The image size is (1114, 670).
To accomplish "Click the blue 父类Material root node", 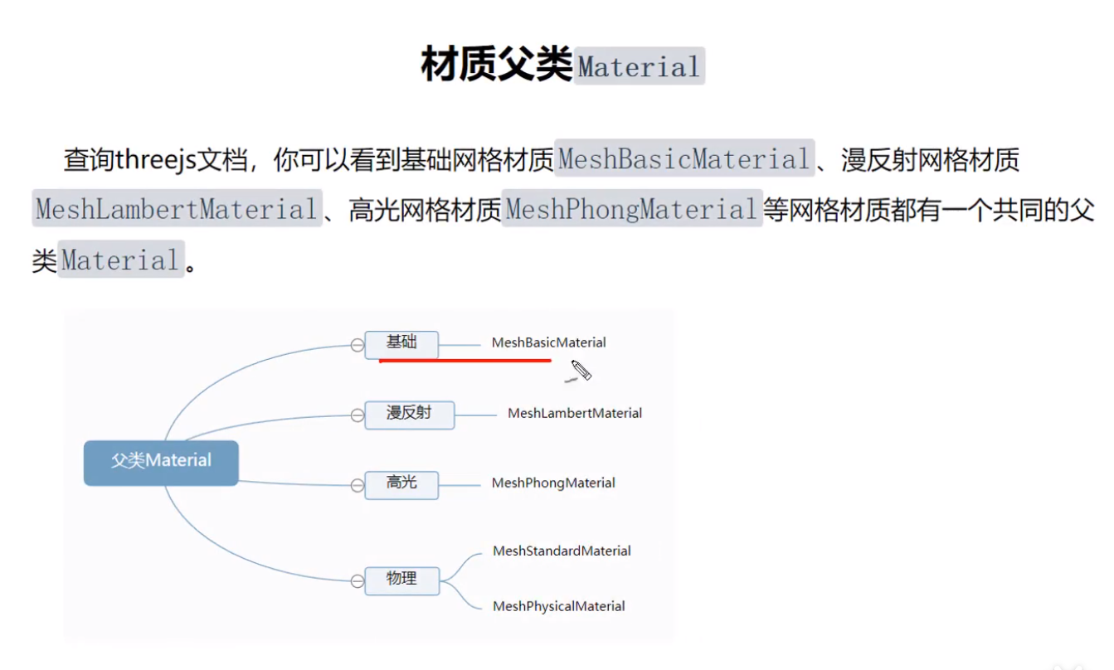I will (161, 461).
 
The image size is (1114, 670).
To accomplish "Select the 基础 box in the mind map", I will (401, 342).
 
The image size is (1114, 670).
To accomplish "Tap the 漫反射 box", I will (410, 413).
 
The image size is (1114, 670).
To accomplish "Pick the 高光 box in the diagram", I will (401, 483).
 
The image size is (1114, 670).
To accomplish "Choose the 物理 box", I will (401, 579).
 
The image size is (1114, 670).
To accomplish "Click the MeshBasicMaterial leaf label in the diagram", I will (548, 342).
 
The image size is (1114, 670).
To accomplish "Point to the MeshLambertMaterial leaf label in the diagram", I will (574, 413).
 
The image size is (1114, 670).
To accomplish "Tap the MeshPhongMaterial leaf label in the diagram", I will (553, 483).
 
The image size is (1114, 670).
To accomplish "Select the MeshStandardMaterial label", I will (562, 551).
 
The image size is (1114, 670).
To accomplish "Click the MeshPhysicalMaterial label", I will (558, 606).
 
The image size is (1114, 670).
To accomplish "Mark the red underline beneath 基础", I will (465, 361).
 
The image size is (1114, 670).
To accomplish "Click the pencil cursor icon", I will (581, 371).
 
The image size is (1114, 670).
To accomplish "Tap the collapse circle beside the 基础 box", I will (358, 345).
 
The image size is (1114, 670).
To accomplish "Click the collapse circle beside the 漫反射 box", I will (358, 415).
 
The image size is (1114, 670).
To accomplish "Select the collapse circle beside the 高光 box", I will (358, 484).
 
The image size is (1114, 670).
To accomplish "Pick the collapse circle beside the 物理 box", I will (358, 581).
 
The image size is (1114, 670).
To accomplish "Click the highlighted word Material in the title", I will (639, 66).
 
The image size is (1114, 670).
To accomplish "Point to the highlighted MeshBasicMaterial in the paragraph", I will (683, 158).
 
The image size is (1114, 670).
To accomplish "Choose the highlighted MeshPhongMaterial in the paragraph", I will (631, 209).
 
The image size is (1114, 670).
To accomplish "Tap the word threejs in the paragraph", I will (155, 159).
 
